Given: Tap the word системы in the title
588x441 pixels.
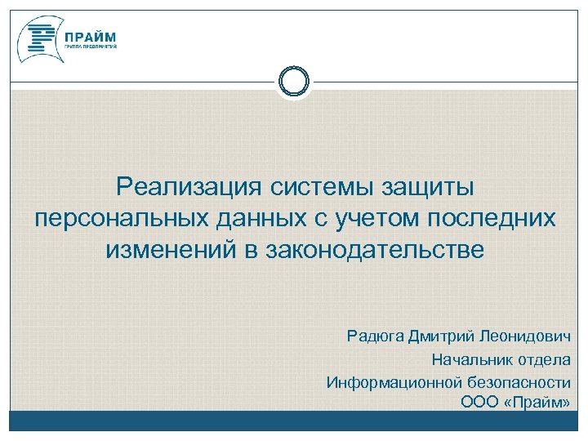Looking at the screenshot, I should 319,188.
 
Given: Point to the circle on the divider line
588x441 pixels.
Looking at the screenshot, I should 294,81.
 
